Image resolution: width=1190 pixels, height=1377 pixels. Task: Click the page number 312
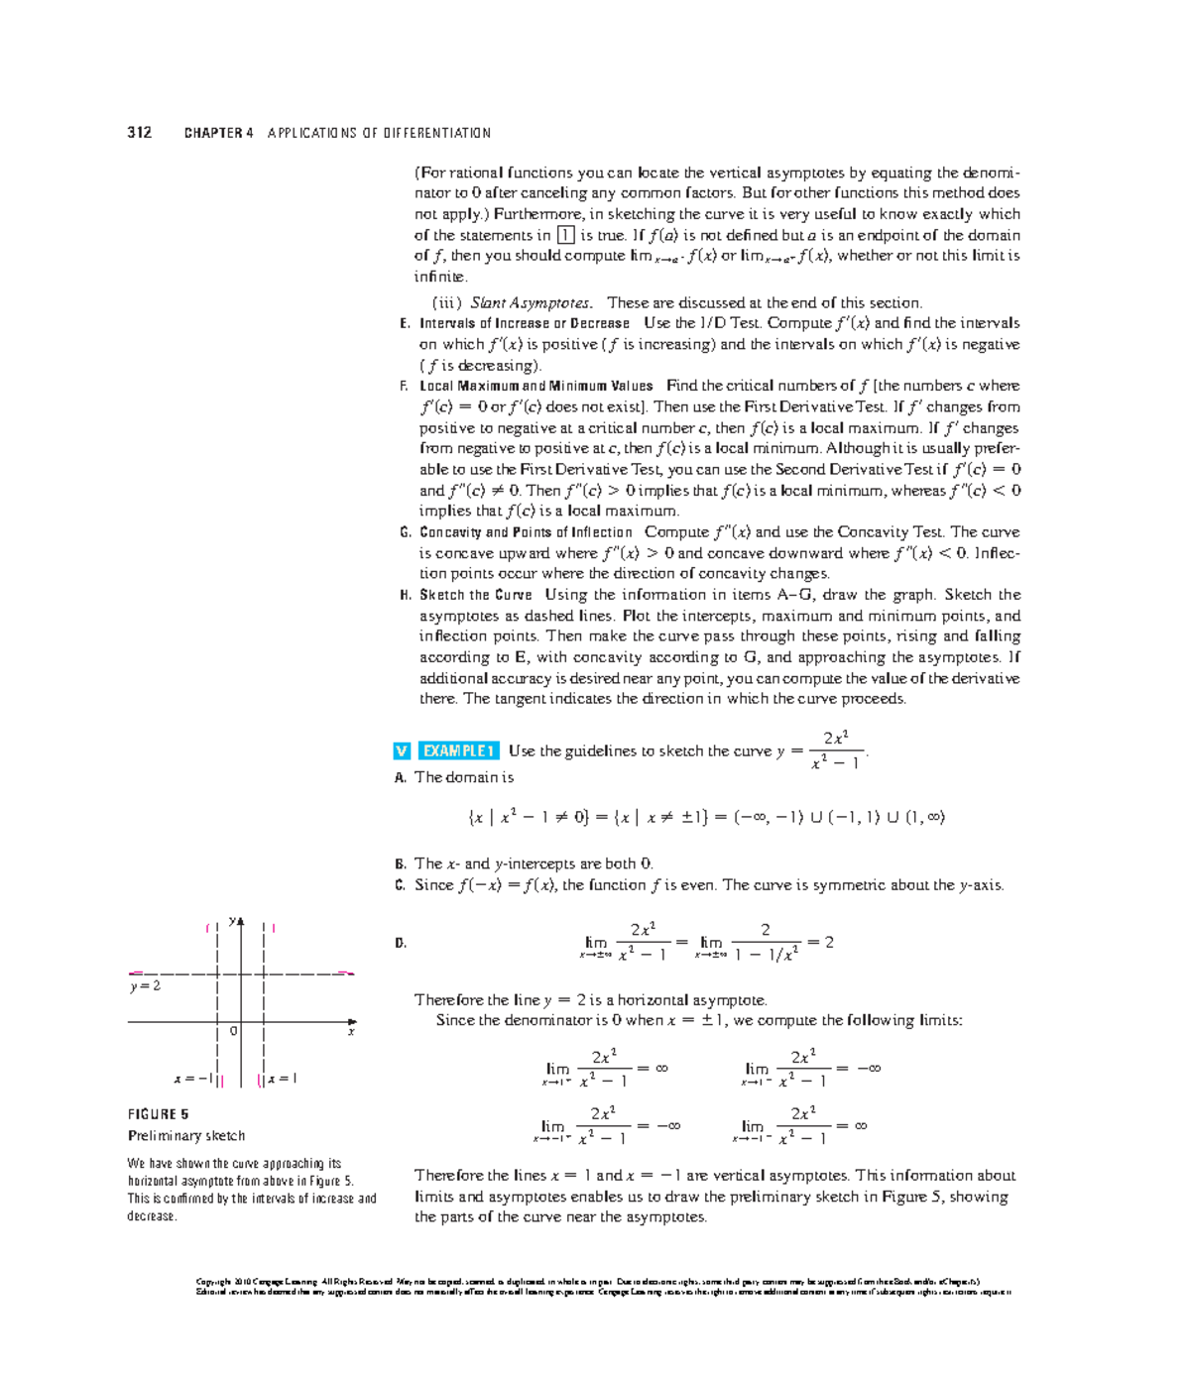tap(139, 133)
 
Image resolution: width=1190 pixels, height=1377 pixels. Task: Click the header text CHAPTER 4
tap(218, 133)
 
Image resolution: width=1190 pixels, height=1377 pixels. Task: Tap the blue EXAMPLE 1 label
tap(457, 751)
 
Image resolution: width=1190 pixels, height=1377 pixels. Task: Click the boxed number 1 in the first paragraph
tap(565, 235)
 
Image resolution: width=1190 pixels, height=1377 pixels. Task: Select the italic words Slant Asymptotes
tap(531, 303)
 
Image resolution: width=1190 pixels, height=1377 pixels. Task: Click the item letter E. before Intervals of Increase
tap(405, 324)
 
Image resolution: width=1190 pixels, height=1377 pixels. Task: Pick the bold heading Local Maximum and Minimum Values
tap(535, 387)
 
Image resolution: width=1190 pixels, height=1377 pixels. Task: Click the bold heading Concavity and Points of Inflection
tap(526, 532)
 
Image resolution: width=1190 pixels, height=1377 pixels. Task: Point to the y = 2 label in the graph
tap(145, 986)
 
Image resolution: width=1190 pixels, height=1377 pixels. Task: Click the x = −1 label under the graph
tap(193, 1079)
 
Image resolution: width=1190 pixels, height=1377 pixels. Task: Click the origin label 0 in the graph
tap(233, 1031)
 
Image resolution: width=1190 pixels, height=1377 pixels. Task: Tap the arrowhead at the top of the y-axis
tap(240, 921)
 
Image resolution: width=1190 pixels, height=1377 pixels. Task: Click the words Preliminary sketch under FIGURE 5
tap(186, 1136)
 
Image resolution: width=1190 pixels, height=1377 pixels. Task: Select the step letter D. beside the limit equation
tap(401, 944)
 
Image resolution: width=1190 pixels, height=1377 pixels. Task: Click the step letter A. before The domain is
tap(401, 778)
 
